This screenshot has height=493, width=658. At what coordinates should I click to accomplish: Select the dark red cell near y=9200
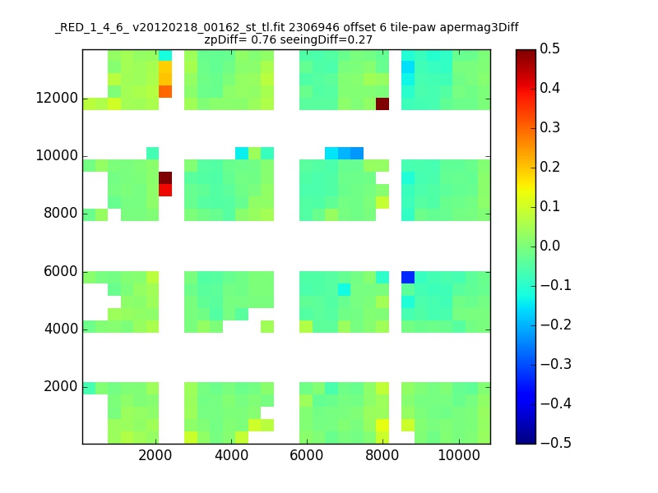[x=165, y=177]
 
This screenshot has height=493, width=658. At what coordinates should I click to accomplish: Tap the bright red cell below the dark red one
[x=165, y=190]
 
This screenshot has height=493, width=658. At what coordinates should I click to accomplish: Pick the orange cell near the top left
[x=165, y=91]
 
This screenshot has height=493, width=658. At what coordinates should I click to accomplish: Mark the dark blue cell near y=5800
[x=407, y=277]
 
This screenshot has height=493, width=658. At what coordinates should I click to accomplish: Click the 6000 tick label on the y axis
[x=60, y=272]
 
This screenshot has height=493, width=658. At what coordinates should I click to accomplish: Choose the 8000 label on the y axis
[x=60, y=214]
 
